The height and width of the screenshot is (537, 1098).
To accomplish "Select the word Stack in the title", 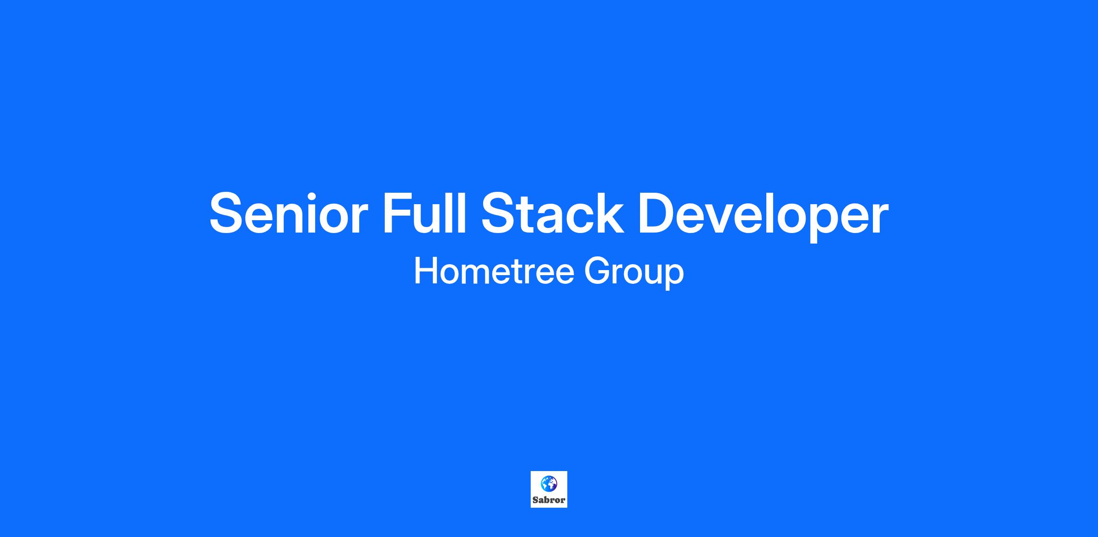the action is click(552, 213).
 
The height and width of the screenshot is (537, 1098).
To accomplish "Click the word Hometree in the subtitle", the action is click(494, 271).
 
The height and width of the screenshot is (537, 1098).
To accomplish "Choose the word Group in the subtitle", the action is click(634, 273).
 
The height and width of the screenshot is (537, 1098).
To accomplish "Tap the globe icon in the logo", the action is click(549, 483).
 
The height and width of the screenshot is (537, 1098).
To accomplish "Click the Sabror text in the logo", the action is click(549, 500).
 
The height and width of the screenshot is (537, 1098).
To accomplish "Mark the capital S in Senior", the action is click(229, 213).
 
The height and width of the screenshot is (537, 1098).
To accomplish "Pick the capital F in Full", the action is click(398, 213).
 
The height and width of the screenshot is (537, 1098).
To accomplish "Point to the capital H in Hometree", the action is click(425, 271).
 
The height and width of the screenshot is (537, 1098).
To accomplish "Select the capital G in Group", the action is click(597, 271).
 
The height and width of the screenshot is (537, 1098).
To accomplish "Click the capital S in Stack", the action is click(500, 213).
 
